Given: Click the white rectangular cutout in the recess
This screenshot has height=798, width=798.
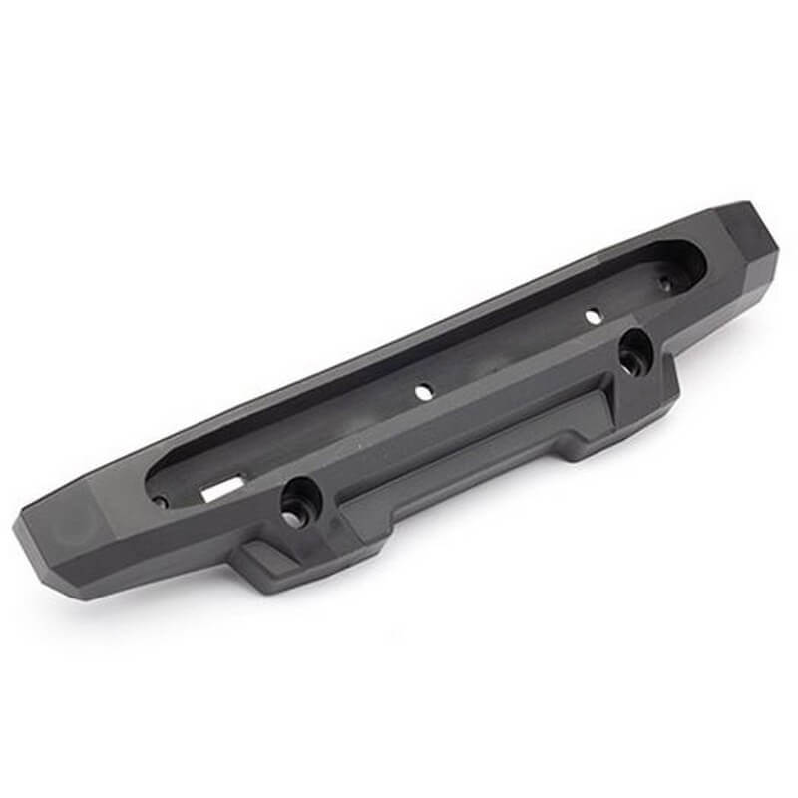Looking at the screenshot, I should [x=221, y=488].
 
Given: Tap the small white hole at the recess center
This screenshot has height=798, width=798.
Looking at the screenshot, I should [x=423, y=392].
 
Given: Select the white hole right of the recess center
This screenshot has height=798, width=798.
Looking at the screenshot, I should [x=593, y=316].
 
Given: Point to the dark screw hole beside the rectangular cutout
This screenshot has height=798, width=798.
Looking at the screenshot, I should [x=161, y=501].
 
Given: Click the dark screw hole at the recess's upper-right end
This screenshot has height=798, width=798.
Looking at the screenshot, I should [x=665, y=284].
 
